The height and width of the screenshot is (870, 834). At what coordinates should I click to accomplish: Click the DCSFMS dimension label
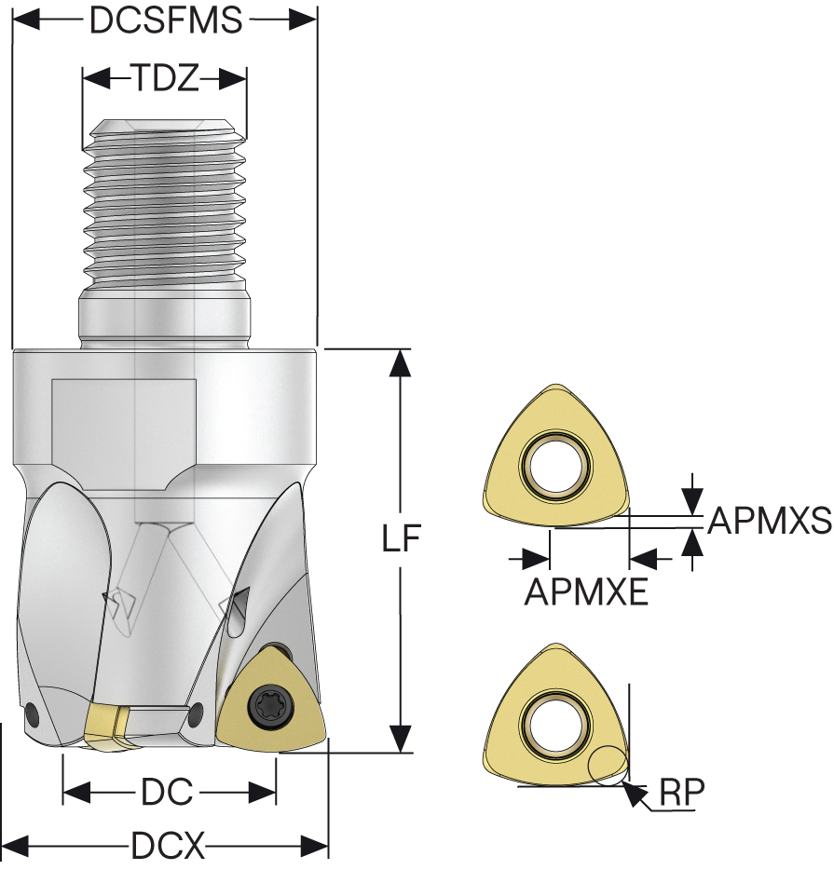pyautogui.click(x=165, y=20)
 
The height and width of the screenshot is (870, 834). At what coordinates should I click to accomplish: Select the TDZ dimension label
pyautogui.click(x=164, y=79)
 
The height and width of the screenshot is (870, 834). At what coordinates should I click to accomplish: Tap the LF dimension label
pyautogui.click(x=402, y=538)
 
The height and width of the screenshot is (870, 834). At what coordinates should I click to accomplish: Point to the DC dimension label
pyautogui.click(x=168, y=793)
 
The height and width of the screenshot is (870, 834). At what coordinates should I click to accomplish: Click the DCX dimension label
pyautogui.click(x=168, y=847)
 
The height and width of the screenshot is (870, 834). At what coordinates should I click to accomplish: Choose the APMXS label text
pyautogui.click(x=769, y=522)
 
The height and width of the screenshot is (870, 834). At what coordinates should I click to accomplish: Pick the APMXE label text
pyautogui.click(x=586, y=591)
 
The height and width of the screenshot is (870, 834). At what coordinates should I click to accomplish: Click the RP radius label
pyautogui.click(x=682, y=792)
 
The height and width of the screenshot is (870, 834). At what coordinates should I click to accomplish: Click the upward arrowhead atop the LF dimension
pyautogui.click(x=401, y=362)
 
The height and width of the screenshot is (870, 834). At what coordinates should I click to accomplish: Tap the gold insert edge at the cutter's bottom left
pyautogui.click(x=104, y=727)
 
